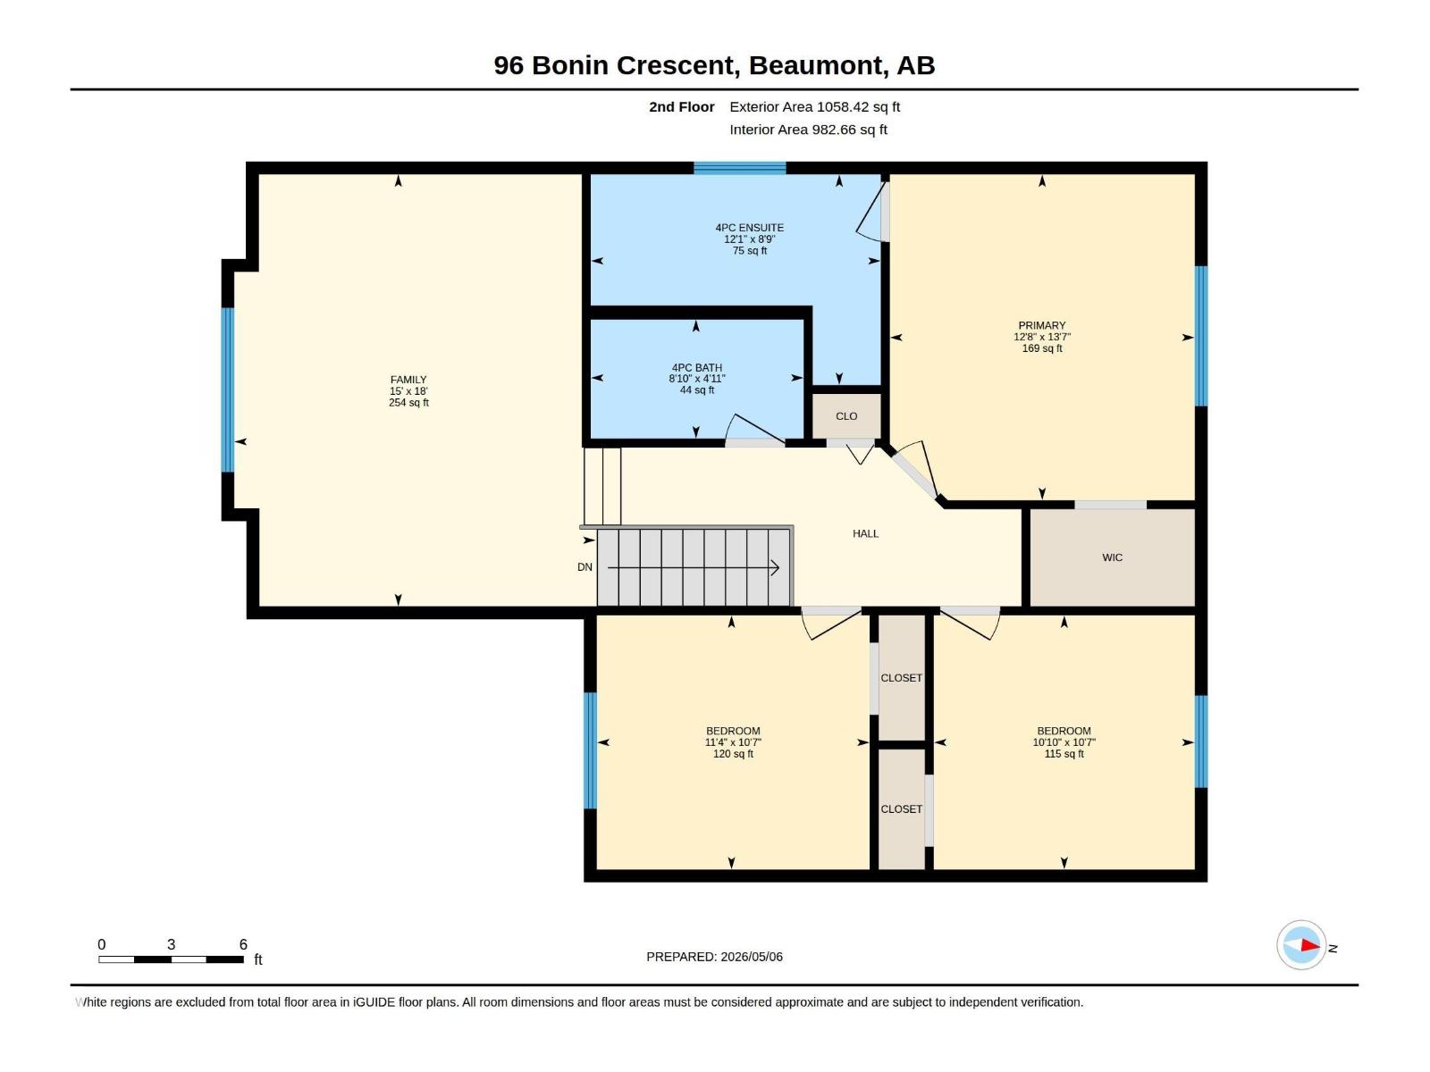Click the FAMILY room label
408,380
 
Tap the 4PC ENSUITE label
749,228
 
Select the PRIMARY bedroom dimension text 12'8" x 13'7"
1042,337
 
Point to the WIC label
1112,557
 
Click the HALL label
865,533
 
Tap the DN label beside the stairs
585,567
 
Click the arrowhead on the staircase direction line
775,567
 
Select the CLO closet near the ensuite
846,416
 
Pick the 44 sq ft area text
696,390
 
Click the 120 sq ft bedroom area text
733,754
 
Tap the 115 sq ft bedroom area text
1064,754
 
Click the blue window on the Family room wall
227,389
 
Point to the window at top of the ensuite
739,168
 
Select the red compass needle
1310,945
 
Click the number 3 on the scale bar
172,944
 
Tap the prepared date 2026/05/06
751,957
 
